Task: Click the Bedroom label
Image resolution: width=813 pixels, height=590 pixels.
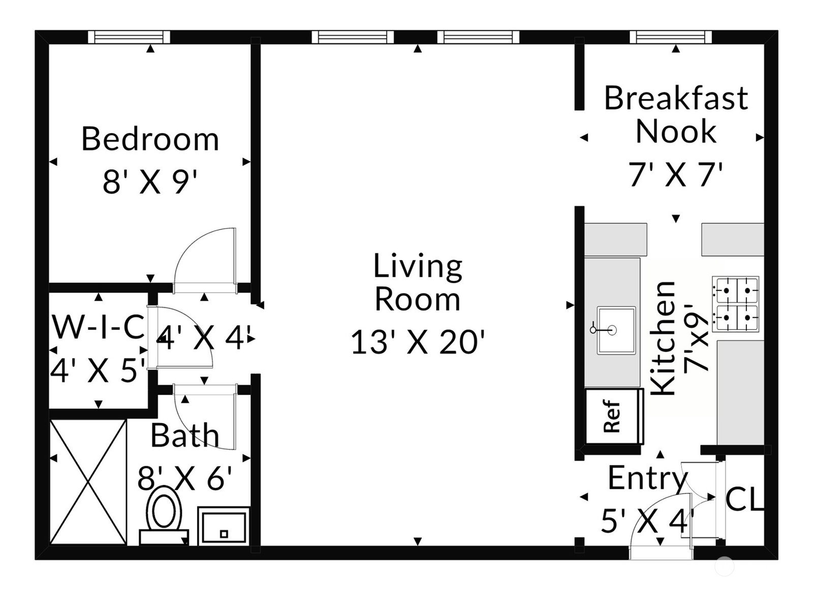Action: click(x=150, y=139)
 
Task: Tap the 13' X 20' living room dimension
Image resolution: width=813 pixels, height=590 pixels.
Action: click(x=418, y=341)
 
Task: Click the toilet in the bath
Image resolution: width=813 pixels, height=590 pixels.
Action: click(x=164, y=514)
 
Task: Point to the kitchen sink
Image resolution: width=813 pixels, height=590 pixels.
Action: click(x=616, y=331)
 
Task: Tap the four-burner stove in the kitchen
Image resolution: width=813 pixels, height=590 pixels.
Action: click(x=735, y=304)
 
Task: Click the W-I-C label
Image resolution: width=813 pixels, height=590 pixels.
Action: click(x=99, y=326)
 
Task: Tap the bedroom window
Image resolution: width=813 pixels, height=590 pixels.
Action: click(x=129, y=37)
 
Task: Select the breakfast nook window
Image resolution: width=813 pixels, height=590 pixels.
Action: click(x=671, y=37)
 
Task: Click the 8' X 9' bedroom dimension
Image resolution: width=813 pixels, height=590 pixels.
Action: click(x=150, y=182)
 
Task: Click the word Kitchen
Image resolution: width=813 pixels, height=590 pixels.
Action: click(x=663, y=338)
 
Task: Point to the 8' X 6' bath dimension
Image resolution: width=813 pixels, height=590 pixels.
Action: click(x=185, y=478)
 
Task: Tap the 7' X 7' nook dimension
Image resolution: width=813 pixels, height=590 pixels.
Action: click(x=675, y=175)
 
